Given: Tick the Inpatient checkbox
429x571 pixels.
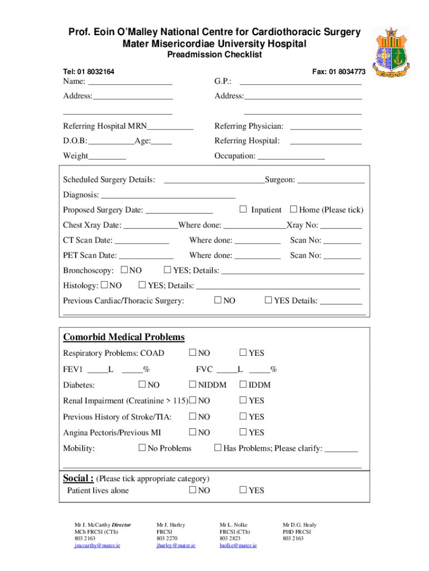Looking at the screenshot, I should [243, 209].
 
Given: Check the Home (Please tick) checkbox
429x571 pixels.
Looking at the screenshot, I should [294, 209].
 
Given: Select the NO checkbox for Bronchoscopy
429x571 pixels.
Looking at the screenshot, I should [124, 270].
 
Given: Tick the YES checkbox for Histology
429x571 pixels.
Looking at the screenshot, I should [142, 285].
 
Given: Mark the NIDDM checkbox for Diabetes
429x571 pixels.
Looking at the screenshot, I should [193, 384].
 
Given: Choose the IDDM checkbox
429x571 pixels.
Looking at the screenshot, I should [243, 384].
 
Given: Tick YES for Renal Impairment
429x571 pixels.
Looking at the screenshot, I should [243, 400].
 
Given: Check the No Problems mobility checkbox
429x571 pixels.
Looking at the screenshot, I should [142, 448].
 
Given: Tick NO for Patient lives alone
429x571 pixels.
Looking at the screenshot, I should [193, 490].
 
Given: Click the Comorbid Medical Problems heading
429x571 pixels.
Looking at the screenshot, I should [124, 337].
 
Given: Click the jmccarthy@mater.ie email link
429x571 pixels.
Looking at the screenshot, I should [97, 545].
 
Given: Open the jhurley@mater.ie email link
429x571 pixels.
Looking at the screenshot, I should [176, 545].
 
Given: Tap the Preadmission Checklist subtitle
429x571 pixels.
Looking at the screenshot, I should [214, 55].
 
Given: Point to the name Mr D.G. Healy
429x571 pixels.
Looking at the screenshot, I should [299, 525].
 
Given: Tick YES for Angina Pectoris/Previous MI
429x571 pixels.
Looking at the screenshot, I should [243, 432].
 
